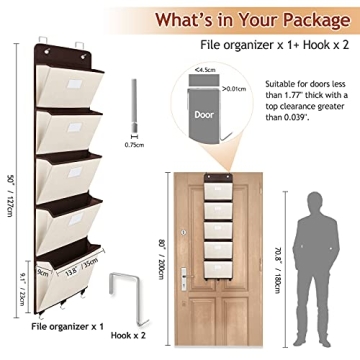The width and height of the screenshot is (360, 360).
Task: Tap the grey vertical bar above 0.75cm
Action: coord(134,107)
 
